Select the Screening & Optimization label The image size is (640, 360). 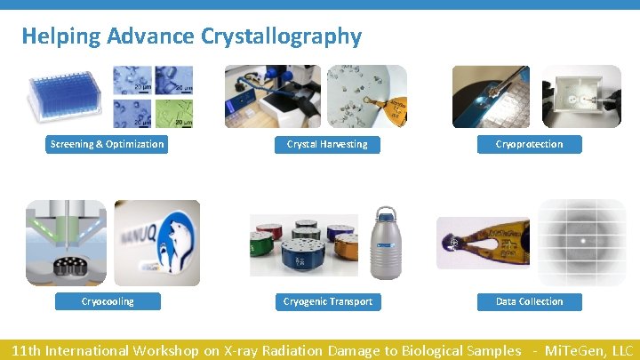(107, 144)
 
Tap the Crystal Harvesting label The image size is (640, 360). (326, 144)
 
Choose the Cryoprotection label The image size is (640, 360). (529, 144)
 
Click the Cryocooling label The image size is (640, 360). (107, 301)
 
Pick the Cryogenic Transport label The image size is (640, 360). (327, 301)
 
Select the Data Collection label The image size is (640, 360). (529, 301)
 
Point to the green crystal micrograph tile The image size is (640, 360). (174, 114)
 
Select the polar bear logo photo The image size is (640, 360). (156, 242)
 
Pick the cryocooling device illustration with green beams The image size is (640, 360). (65, 242)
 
